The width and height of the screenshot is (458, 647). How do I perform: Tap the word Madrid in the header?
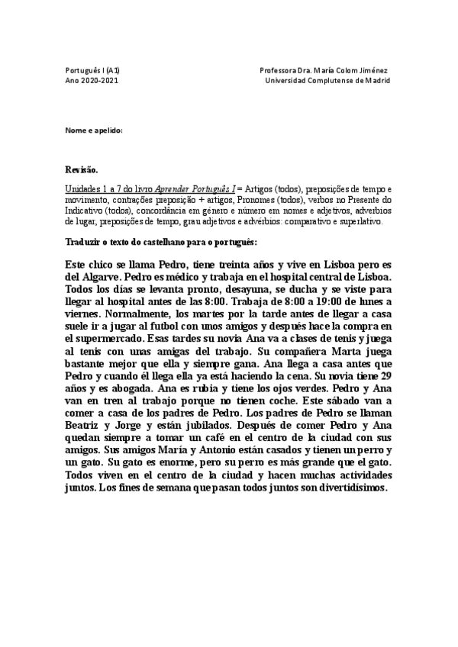point(376,79)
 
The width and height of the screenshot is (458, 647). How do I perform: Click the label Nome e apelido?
point(94,130)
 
